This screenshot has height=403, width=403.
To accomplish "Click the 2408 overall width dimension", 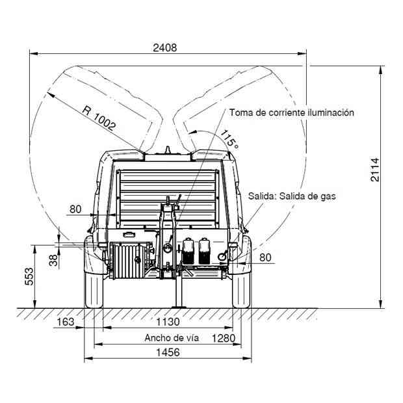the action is (164, 48).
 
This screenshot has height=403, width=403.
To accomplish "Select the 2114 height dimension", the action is (375, 170).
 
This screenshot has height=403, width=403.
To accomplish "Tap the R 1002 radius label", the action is (99, 118).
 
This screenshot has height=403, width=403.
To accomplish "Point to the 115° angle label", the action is (229, 140).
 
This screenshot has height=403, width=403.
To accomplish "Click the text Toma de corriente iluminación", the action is (291, 112).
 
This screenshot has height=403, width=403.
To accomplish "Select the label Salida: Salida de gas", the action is (292, 196).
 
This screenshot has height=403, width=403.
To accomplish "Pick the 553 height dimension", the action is (29, 276).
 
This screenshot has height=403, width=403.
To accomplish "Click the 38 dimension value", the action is (53, 260).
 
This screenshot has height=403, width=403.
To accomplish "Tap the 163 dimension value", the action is (65, 322).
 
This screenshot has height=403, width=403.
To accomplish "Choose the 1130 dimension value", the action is (168, 322).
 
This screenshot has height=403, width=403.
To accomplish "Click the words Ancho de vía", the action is (172, 338).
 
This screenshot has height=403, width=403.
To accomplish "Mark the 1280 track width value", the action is (224, 338).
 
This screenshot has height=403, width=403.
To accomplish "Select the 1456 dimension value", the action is (168, 352).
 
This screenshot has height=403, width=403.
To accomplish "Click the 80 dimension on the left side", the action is (75, 209).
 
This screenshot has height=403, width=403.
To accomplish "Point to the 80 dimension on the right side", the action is (265, 257).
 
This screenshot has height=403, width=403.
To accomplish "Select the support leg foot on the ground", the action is (179, 307).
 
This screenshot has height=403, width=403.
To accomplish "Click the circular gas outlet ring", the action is (222, 257).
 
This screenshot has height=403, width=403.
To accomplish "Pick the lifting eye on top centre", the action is (168, 150).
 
